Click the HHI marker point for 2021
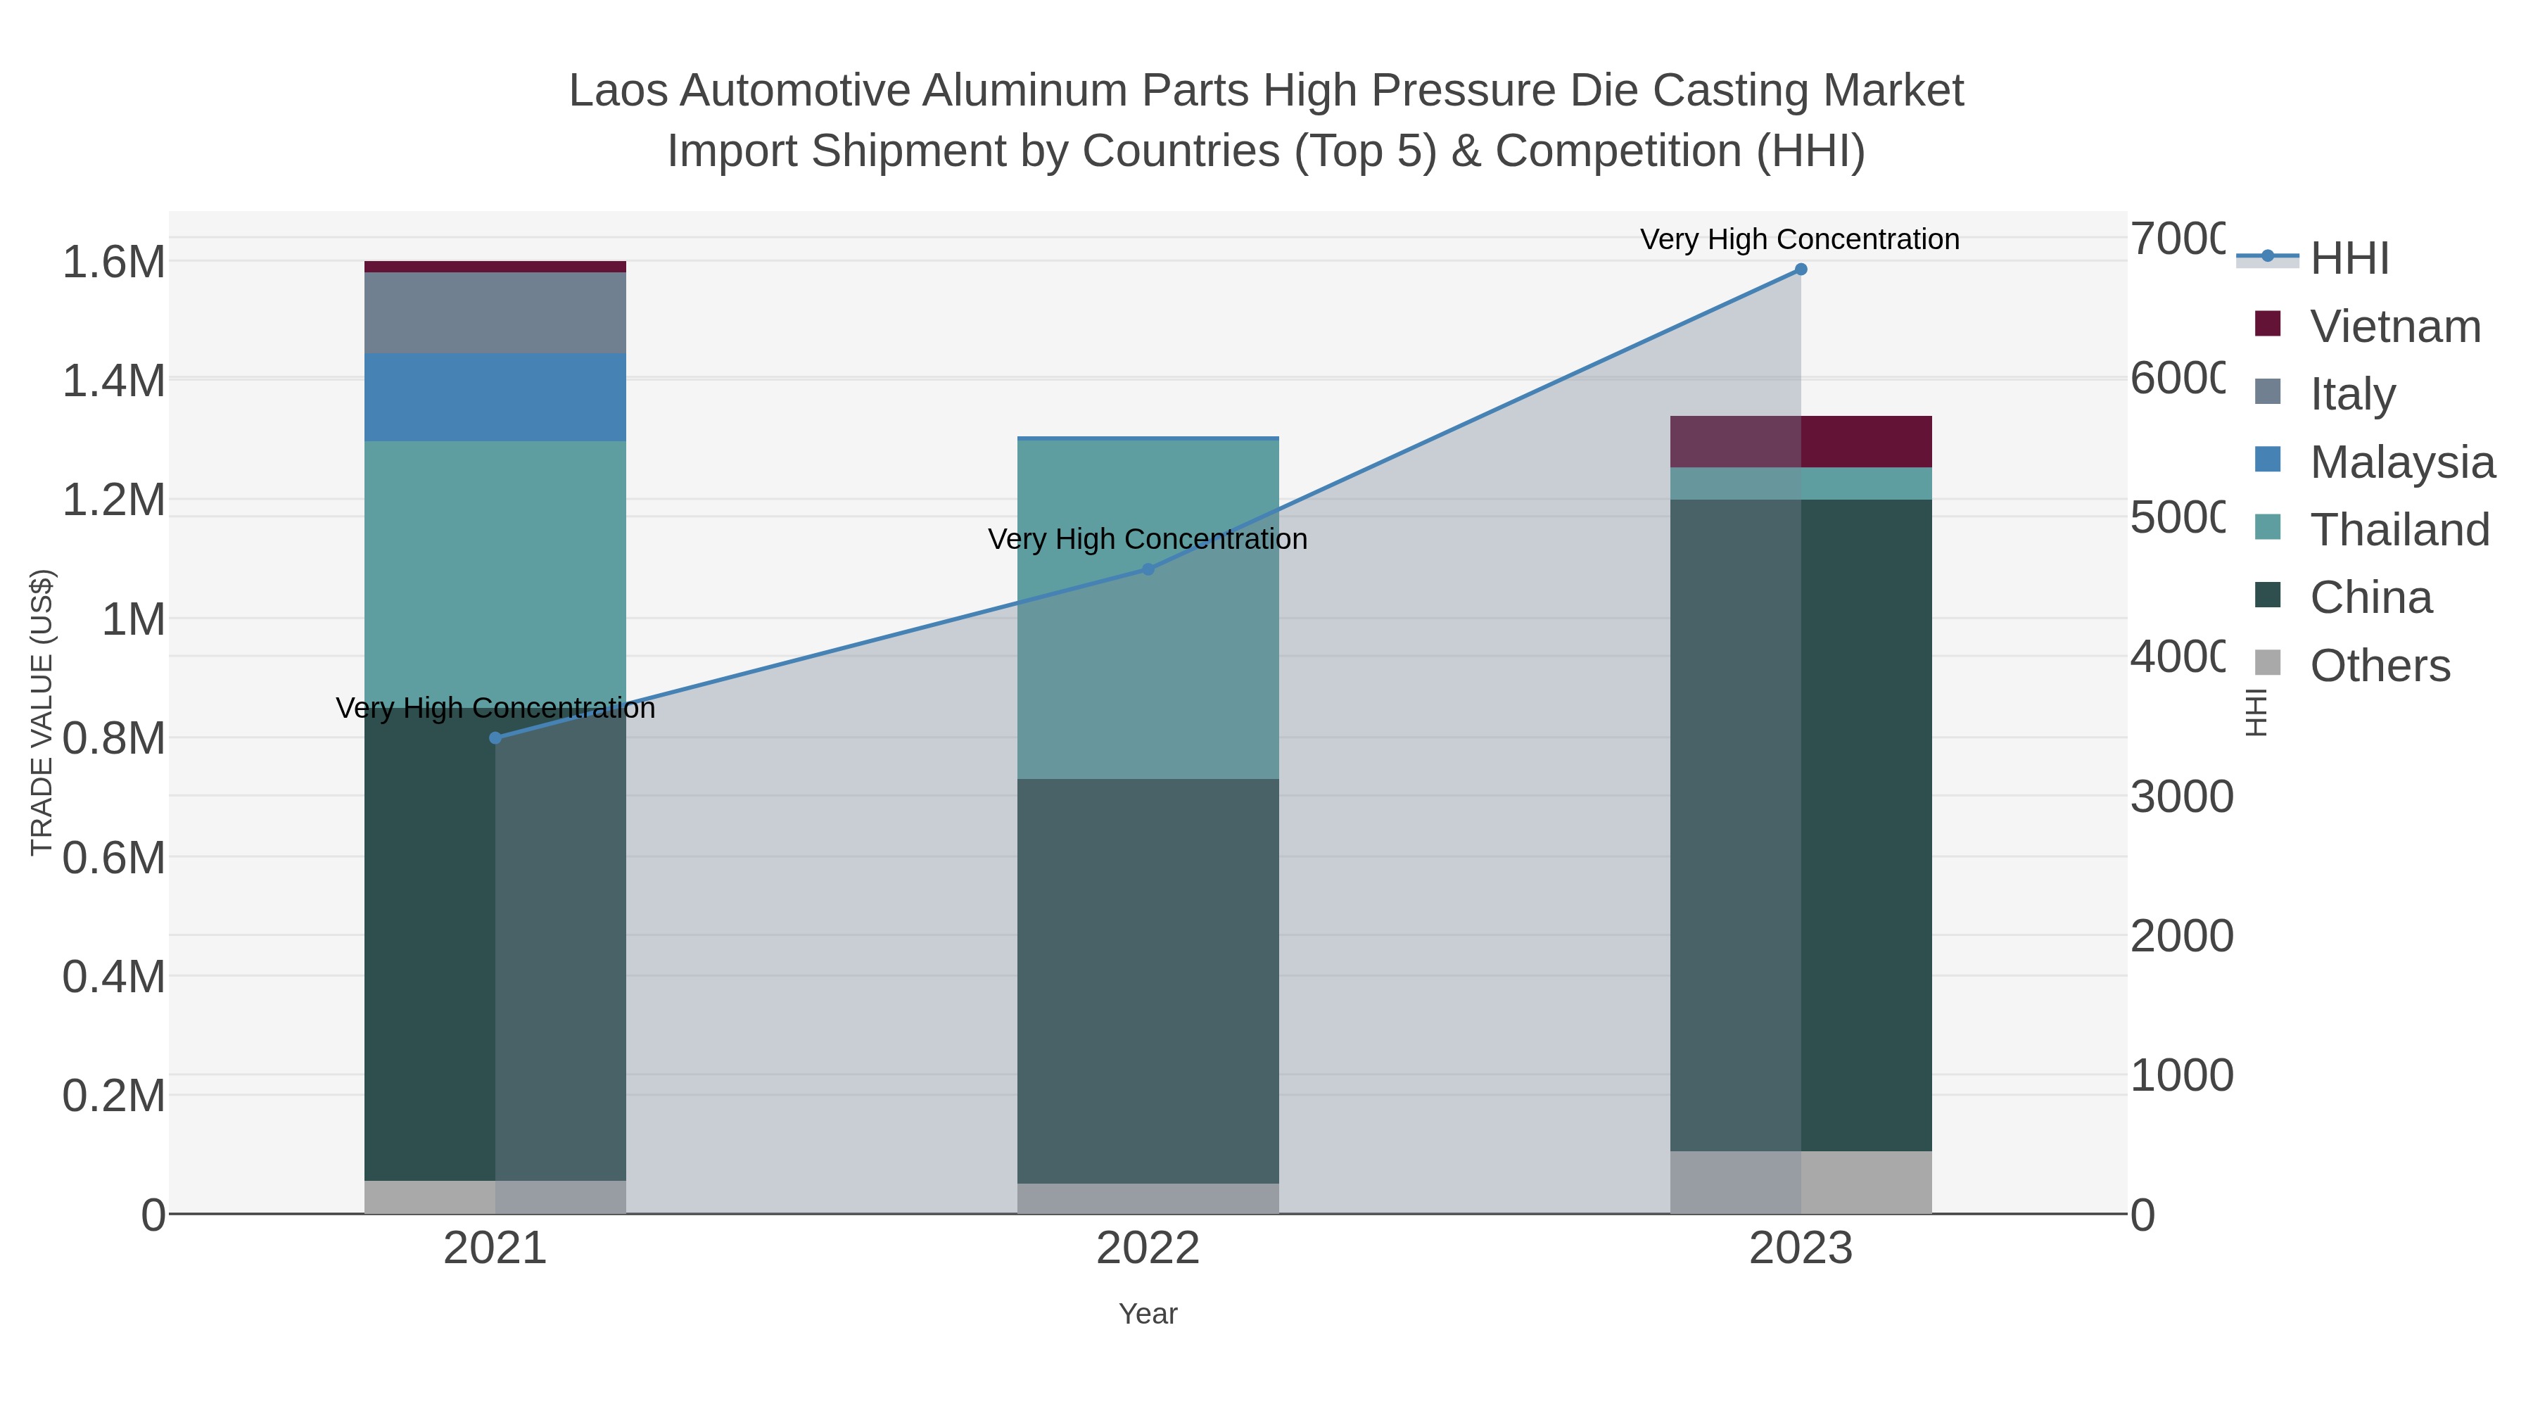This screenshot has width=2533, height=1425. pyautogui.click(x=495, y=737)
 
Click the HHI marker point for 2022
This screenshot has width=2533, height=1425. pyautogui.click(x=1148, y=569)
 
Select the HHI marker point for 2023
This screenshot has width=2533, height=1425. pyautogui.click(x=1801, y=270)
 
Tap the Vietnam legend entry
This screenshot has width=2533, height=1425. pyautogui.click(x=2394, y=327)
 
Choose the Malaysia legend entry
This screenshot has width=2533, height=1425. pyautogui.click(x=2401, y=462)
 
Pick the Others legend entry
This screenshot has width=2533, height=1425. pyautogui.click(x=2380, y=666)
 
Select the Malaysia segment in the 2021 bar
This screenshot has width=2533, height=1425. pyautogui.click(x=495, y=398)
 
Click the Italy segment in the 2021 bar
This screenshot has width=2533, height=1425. pyautogui.click(x=495, y=312)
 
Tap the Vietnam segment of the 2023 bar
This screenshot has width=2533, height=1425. pyautogui.click(x=1801, y=441)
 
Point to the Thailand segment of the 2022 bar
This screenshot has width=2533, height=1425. pyautogui.click(x=1148, y=609)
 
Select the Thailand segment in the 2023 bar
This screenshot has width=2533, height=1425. pyautogui.click(x=1801, y=484)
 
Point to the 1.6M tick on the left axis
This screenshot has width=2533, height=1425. pyautogui.click(x=114, y=262)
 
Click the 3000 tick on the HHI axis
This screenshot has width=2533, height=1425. pyautogui.click(x=2181, y=797)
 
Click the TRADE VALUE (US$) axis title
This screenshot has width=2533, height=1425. pyautogui.click(x=42, y=712)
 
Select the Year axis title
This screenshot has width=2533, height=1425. pyautogui.click(x=1148, y=1314)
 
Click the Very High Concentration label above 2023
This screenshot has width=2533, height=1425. pyautogui.click(x=1799, y=240)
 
